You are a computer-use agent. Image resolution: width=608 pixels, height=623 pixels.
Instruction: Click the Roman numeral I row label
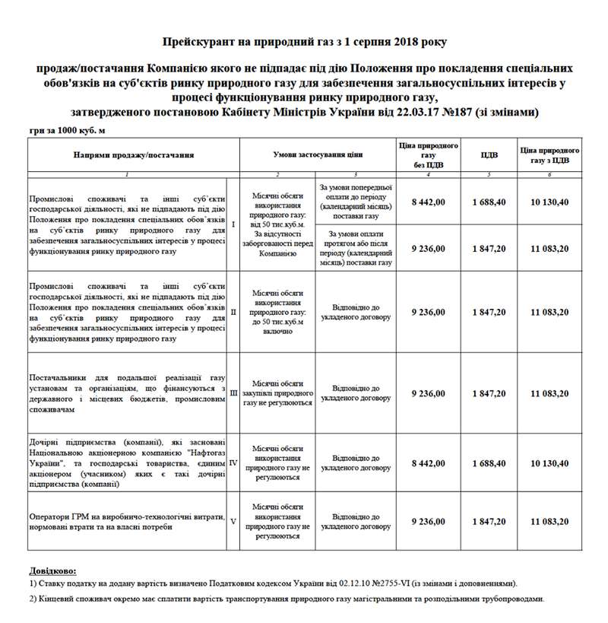pos(233,225)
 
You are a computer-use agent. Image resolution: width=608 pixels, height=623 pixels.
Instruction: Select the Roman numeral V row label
pos(233,521)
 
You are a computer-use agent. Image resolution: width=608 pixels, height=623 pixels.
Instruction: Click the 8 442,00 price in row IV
pos(428,462)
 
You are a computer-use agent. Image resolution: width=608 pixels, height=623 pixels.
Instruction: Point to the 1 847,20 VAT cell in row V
pos(490,521)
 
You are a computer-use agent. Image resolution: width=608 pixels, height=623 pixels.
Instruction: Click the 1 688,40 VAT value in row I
pos(490,202)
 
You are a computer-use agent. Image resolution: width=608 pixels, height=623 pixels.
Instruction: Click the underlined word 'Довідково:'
pos(54,571)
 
